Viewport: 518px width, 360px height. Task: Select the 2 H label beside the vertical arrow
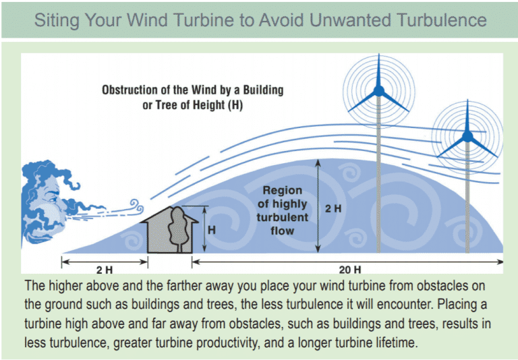click(x=333, y=209)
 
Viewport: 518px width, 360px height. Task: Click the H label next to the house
click(x=211, y=229)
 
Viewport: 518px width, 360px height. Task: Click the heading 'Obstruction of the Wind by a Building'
click(x=192, y=89)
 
